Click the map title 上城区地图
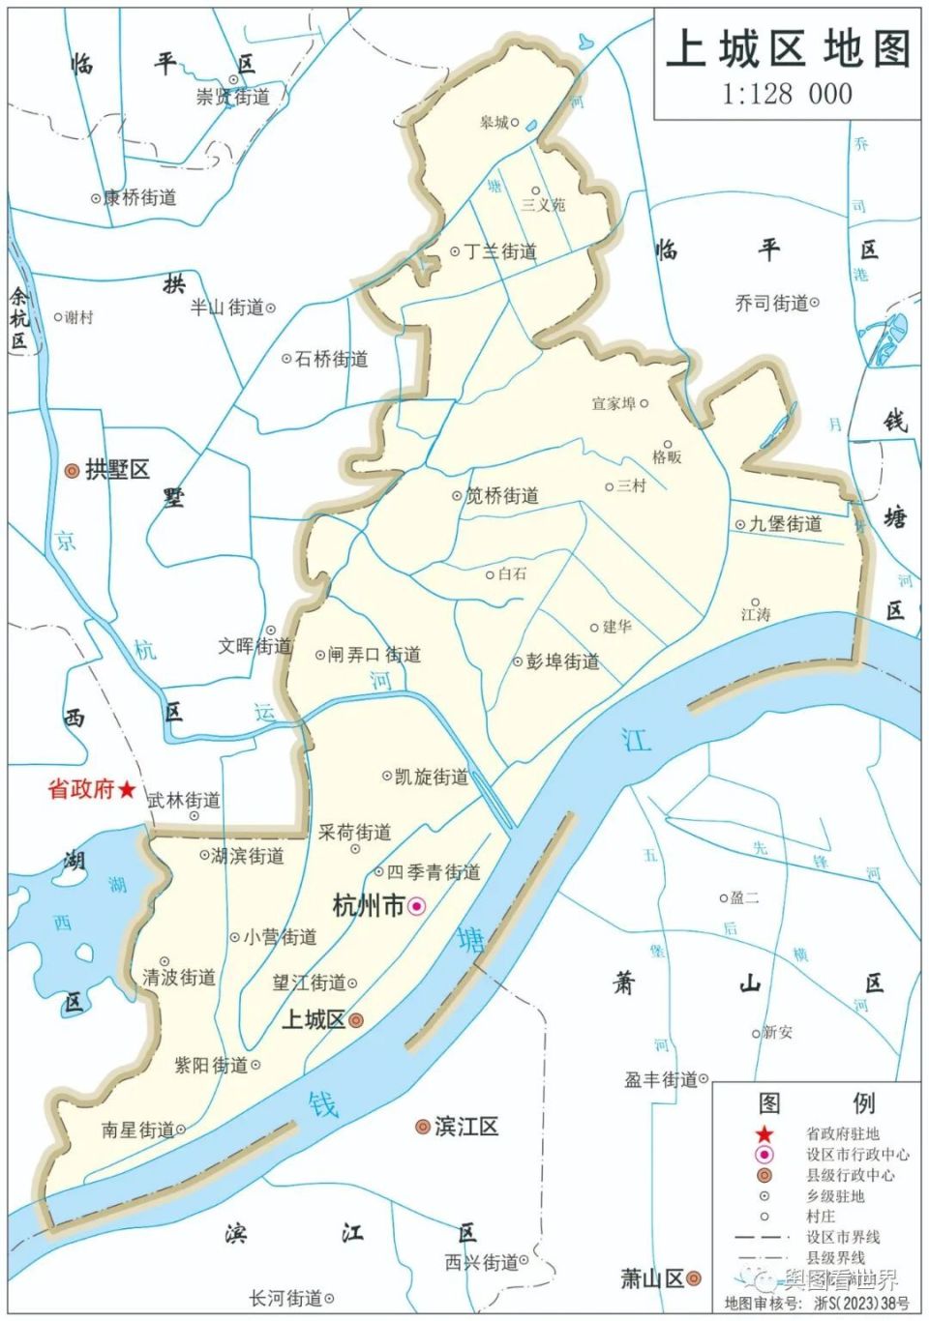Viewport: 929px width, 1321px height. click(788, 48)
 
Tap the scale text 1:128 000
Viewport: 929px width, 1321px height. click(787, 94)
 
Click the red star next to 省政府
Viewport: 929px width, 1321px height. click(127, 790)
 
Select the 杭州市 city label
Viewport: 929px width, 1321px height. click(368, 905)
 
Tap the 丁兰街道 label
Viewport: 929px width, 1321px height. click(499, 251)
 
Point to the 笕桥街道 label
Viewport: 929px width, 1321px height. click(501, 496)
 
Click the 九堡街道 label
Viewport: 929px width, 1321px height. click(785, 524)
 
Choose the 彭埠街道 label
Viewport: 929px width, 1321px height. click(562, 661)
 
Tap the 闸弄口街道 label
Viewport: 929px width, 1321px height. click(374, 655)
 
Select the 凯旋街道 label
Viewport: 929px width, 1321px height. click(431, 777)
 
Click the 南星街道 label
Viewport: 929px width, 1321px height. click(137, 1130)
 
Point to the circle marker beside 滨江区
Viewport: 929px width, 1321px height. click(422, 1127)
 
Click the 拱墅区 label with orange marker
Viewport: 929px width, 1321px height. click(117, 470)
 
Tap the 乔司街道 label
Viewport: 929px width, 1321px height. click(771, 303)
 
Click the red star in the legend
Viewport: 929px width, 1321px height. click(764, 1133)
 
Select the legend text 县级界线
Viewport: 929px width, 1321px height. click(836, 1257)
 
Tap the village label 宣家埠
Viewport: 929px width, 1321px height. click(614, 403)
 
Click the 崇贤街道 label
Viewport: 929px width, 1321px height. click(232, 97)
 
